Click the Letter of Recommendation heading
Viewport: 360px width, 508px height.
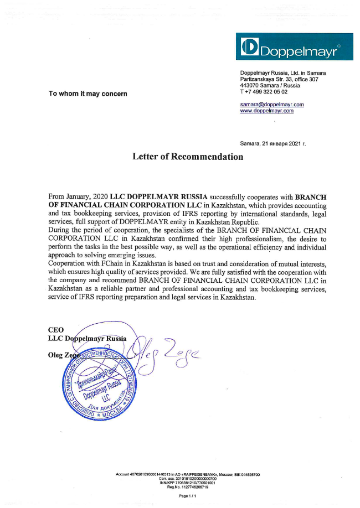tap(188, 157)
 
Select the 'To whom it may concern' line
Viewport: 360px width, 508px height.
tap(88, 94)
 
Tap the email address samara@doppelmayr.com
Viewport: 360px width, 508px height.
tap(271, 104)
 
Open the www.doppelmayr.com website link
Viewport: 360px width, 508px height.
tap(266, 111)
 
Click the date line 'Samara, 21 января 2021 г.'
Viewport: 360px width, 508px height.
tap(272, 143)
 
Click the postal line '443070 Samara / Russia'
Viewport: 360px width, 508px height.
tap(270, 86)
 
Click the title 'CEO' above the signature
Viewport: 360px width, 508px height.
tap(56, 330)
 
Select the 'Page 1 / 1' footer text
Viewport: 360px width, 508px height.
tap(188, 496)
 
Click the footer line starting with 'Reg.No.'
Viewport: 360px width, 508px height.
tap(188, 487)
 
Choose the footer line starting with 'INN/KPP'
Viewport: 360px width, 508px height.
tap(188, 483)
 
